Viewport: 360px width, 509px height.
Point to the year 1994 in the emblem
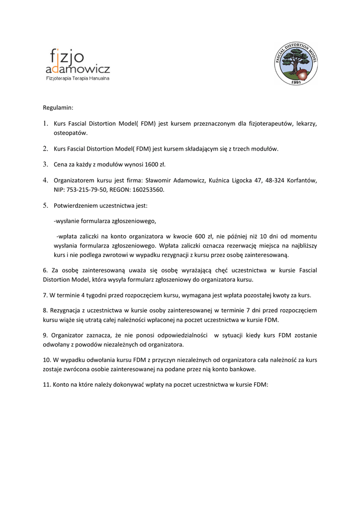coord(297,81)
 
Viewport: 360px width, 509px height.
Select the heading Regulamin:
coord(58,107)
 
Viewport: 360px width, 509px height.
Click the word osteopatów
coord(71,133)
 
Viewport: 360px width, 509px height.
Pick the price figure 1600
coord(151,164)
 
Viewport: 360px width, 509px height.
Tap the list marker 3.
coord(45,164)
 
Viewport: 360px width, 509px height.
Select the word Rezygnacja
coord(64,311)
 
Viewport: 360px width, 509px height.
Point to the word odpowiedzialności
coord(182,336)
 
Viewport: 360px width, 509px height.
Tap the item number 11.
coord(46,385)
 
